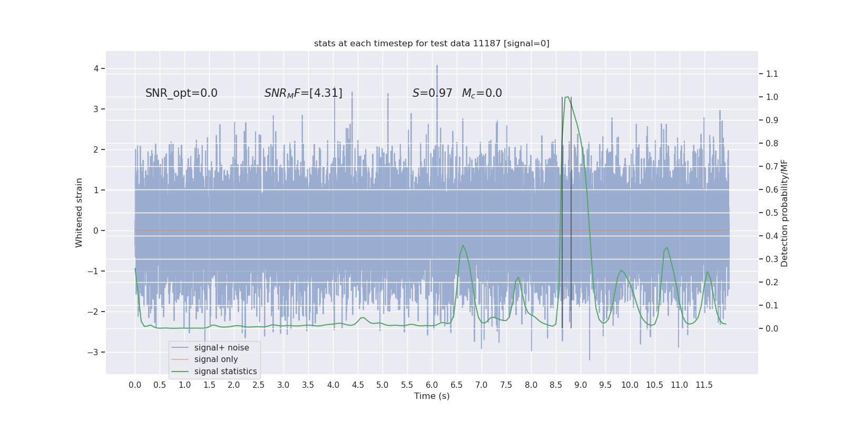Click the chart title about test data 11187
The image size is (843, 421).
tap(432, 44)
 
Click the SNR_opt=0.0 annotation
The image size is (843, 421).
tap(181, 93)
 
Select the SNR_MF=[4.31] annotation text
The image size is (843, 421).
tap(303, 93)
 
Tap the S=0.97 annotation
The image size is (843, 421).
tap(432, 93)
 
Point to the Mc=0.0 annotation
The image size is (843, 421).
tap(482, 93)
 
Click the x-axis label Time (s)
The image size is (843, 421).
tap(432, 396)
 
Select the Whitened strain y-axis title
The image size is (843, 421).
tap(79, 213)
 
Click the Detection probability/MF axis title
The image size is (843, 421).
tap(785, 213)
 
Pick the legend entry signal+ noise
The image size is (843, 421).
tap(221, 348)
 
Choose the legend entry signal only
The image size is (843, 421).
tap(216, 359)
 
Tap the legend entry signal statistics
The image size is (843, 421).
tap(226, 372)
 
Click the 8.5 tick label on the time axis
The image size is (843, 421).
tap(556, 385)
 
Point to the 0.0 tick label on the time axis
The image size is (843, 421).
tap(135, 385)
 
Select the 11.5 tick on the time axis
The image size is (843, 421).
tap(704, 385)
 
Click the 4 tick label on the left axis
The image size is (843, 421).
tap(96, 68)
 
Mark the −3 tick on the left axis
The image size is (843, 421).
tap(94, 352)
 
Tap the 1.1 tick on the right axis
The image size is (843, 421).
tap(772, 74)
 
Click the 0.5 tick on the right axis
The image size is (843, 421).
tap(772, 213)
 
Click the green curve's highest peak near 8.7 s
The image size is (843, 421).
tap(567, 97)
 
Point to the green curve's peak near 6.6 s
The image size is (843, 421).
tap(463, 245)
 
